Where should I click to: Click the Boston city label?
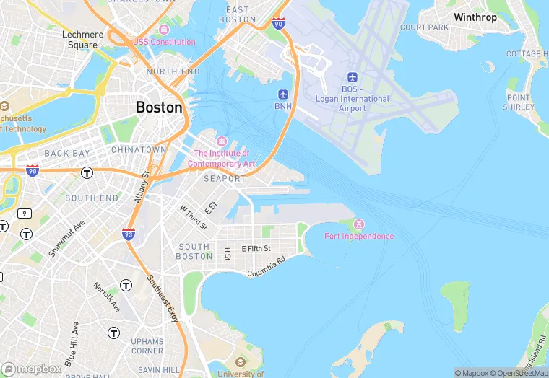click(159, 107)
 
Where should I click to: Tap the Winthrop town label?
click(475, 17)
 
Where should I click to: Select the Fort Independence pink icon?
click(360, 224)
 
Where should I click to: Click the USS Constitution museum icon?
click(164, 30)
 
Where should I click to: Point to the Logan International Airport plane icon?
click(353, 77)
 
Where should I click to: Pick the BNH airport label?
click(283, 106)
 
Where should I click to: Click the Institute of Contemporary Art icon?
click(221, 141)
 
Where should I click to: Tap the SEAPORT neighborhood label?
click(225, 178)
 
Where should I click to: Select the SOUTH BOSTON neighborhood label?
click(194, 251)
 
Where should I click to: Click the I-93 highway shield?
click(128, 234)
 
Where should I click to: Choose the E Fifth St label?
click(256, 248)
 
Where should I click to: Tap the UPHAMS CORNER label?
click(147, 346)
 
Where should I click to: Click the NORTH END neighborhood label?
click(173, 71)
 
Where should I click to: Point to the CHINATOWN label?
click(139, 149)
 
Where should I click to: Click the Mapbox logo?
click(32, 368)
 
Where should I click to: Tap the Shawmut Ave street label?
click(66, 238)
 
